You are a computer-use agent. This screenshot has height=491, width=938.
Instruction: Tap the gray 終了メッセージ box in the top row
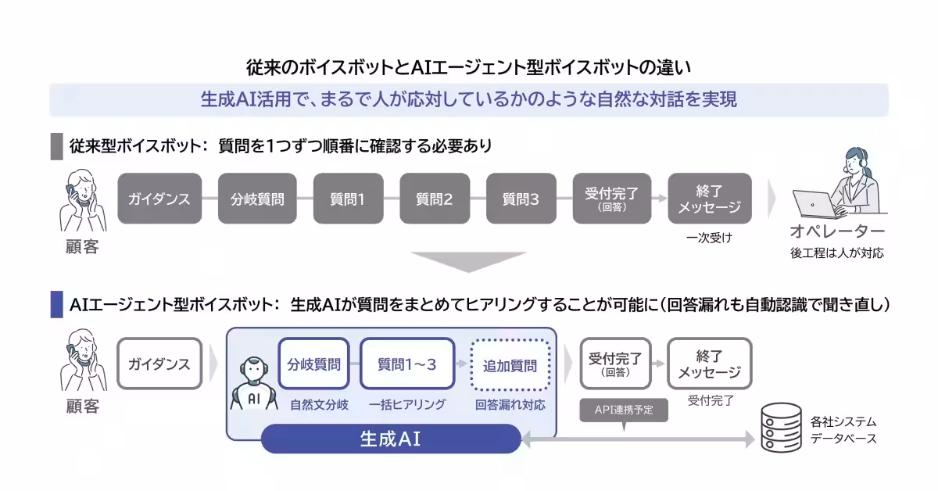(709, 199)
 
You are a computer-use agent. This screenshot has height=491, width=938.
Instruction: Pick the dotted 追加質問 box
(510, 364)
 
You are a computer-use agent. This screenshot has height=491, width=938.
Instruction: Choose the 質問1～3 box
(406, 364)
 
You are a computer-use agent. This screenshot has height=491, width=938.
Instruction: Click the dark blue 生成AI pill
(390, 439)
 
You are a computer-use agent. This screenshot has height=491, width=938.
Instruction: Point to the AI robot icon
(252, 384)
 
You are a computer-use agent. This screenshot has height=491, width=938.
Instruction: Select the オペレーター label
(837, 232)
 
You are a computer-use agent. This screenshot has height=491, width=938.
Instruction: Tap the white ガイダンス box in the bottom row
(159, 364)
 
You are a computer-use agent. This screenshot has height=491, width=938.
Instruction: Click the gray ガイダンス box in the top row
(159, 199)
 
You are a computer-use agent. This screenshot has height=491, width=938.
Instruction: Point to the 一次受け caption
(709, 237)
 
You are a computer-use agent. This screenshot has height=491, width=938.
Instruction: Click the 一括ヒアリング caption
(406, 404)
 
